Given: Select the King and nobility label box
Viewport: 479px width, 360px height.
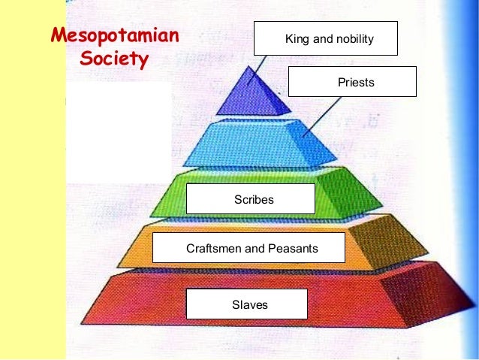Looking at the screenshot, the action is (324, 39).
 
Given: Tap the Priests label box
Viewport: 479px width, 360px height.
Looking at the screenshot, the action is (352, 82).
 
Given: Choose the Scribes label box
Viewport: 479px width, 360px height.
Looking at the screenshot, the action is (250, 199).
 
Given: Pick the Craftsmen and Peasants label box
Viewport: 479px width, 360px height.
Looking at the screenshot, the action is (249, 248).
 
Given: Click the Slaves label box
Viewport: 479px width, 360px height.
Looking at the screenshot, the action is (246, 304).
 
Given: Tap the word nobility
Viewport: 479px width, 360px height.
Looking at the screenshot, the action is (353, 39).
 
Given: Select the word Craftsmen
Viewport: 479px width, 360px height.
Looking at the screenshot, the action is (212, 248).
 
